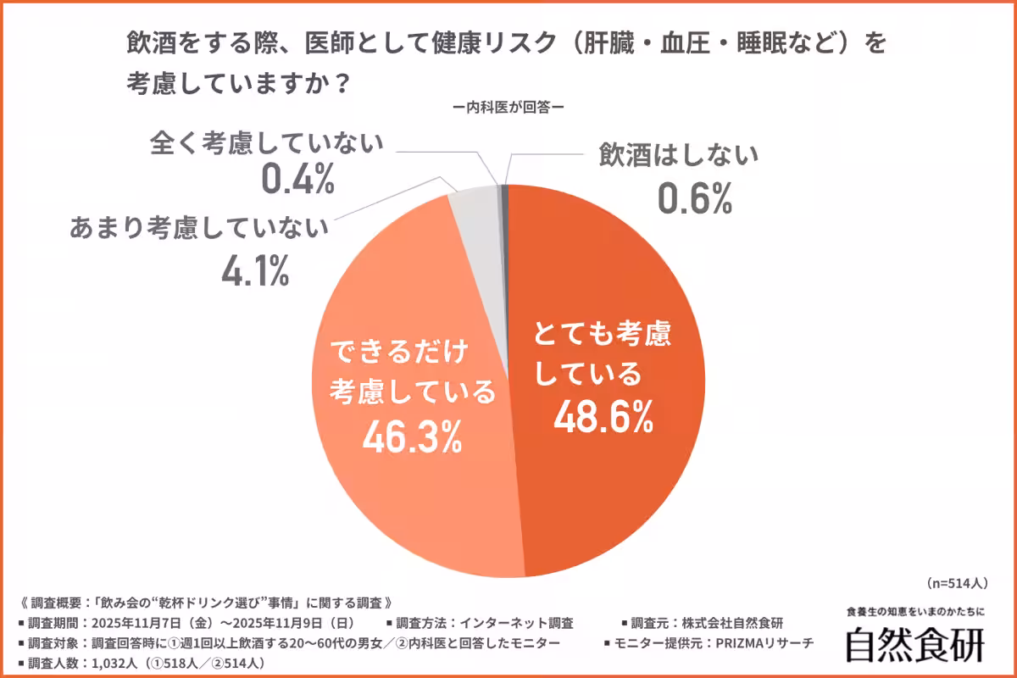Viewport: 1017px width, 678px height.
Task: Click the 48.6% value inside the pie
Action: [x=603, y=414]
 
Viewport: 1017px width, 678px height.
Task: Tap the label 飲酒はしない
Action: [x=677, y=156]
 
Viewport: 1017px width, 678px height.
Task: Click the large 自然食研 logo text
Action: [x=915, y=644]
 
